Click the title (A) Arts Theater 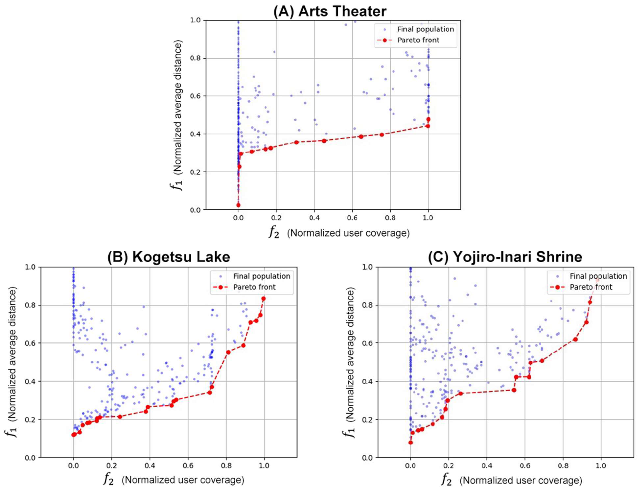pos(330,11)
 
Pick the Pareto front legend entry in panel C pos(591,287)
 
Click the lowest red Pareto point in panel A pos(238,205)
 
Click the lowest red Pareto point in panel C pos(410,443)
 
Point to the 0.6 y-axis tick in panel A pos(195,96)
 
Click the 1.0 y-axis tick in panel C pos(367,267)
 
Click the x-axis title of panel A pos(339,233)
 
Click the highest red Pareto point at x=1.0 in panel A pos(428,119)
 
